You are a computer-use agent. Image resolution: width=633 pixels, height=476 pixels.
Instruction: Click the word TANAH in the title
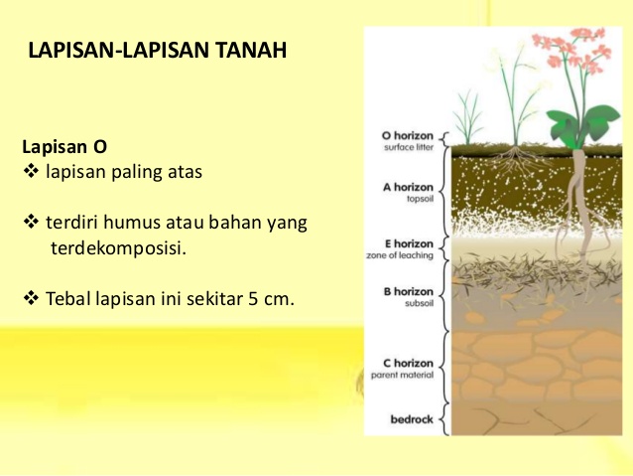click(x=249, y=50)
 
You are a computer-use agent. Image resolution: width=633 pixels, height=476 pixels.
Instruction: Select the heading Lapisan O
click(x=64, y=147)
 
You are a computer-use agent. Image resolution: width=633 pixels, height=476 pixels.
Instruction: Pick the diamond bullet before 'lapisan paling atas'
click(x=29, y=172)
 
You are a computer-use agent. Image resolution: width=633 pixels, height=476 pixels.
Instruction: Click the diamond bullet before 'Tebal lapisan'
click(x=29, y=296)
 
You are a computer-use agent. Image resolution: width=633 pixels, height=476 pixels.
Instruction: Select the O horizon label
click(x=408, y=135)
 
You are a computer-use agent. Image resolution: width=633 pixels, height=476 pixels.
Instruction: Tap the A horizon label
click(x=408, y=186)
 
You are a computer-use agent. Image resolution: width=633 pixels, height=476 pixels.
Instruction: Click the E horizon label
click(x=408, y=244)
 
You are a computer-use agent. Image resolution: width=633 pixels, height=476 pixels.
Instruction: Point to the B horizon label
click(x=408, y=292)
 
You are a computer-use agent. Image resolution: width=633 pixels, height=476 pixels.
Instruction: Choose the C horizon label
click(x=408, y=364)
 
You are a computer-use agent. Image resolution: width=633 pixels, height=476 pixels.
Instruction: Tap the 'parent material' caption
click(x=403, y=376)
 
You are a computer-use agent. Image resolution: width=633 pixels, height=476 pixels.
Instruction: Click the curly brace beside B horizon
click(x=443, y=298)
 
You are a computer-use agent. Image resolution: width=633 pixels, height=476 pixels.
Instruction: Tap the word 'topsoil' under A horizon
click(x=417, y=198)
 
